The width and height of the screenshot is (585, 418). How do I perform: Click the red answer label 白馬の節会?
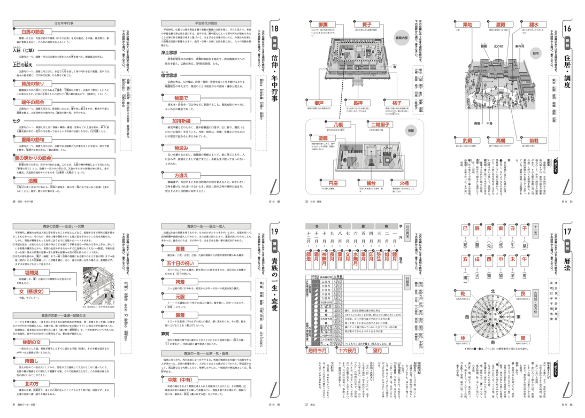(37, 32)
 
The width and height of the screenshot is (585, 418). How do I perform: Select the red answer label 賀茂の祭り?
(37, 83)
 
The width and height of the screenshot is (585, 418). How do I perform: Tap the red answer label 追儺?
(37, 181)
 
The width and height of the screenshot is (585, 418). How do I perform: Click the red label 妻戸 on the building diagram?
(319, 103)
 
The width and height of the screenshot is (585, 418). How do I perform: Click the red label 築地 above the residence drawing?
(467, 25)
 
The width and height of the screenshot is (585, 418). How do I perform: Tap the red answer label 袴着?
(180, 282)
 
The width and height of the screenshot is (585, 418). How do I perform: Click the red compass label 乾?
(460, 294)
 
